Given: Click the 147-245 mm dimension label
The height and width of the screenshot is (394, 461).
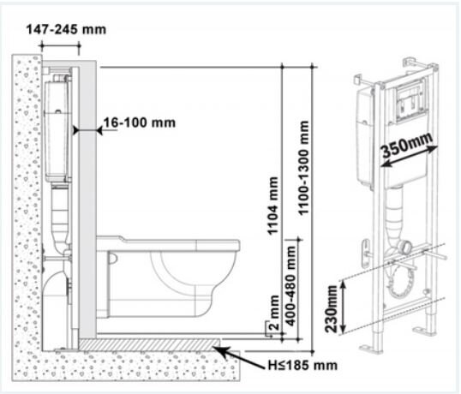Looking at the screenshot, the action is pyautogui.click(x=66, y=30).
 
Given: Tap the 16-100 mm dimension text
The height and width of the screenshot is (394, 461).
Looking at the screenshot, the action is pyautogui.click(x=140, y=122).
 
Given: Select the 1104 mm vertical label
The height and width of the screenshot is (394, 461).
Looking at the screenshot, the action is pyautogui.click(x=272, y=206).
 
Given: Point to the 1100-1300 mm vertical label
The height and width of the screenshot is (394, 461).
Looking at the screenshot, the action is pyautogui.click(x=303, y=168).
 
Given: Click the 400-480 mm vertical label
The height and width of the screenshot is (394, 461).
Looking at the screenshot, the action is pyautogui.click(x=290, y=286).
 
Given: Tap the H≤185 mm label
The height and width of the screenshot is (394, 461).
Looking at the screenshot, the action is pyautogui.click(x=302, y=365).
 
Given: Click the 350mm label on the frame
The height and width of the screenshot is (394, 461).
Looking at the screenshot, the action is pyautogui.click(x=407, y=145).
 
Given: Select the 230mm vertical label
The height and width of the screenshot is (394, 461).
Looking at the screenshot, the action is pyautogui.click(x=332, y=309).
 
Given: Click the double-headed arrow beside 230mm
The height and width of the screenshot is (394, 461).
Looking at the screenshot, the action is pyautogui.click(x=344, y=307).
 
